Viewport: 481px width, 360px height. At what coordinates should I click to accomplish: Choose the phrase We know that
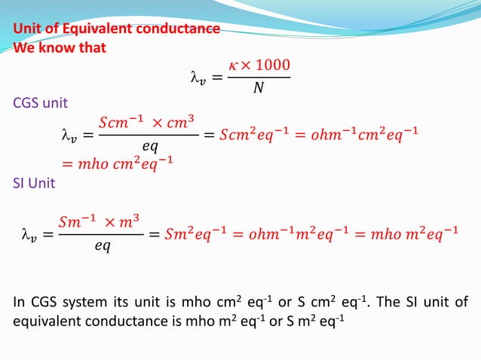(60, 47)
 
